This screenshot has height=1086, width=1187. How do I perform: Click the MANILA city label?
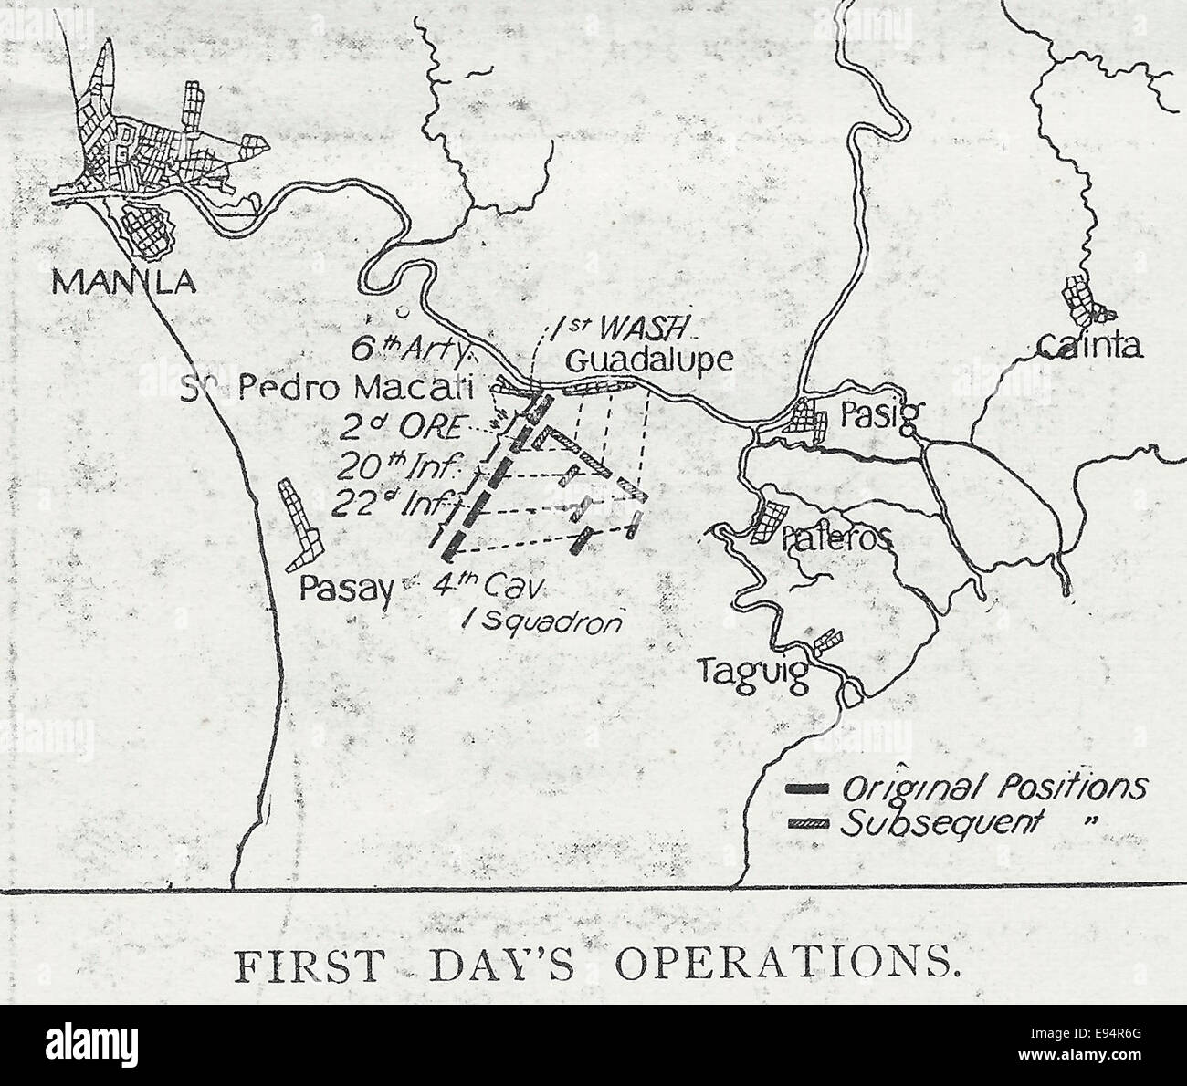point(123,282)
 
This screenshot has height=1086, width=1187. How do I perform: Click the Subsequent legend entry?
point(940,821)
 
